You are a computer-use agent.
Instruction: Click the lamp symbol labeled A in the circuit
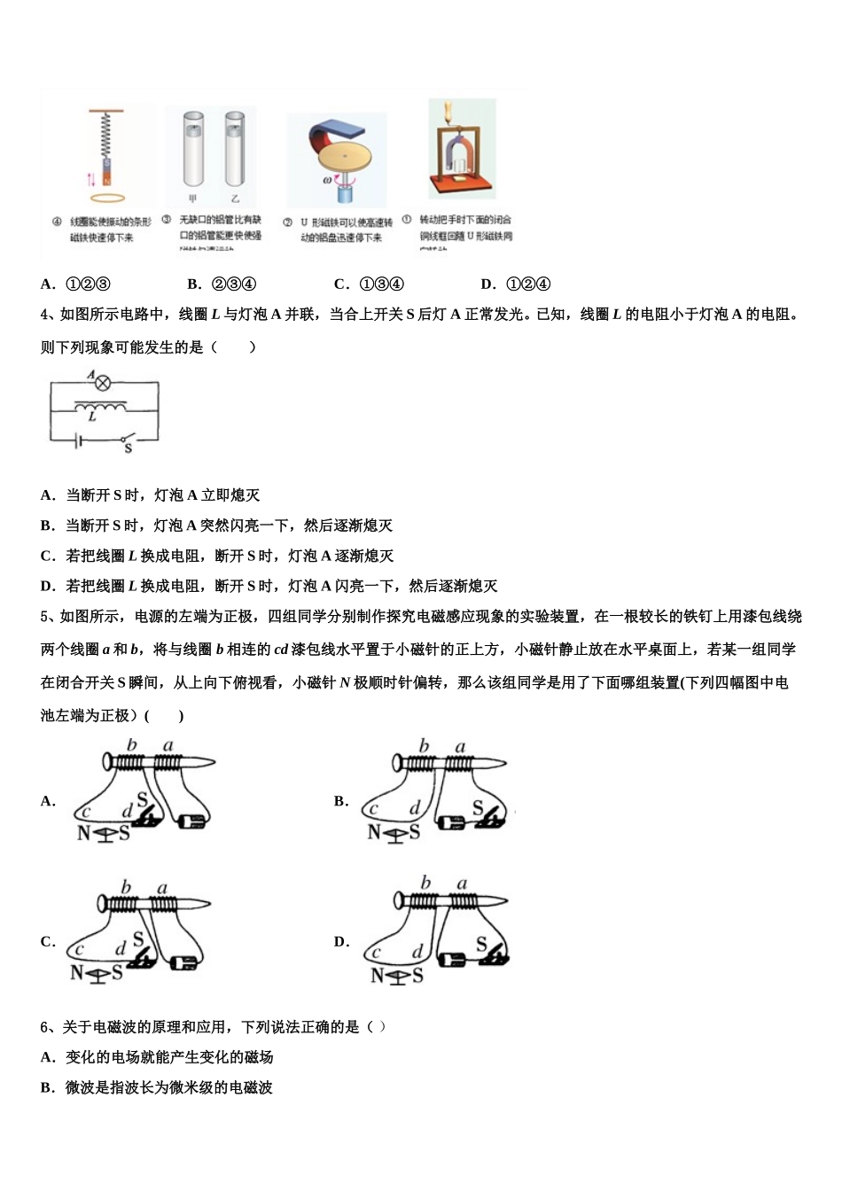click(x=103, y=383)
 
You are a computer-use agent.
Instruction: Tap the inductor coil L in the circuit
click(x=99, y=408)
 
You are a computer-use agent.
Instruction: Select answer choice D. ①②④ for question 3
click(x=515, y=284)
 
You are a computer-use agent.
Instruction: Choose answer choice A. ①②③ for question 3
click(x=75, y=284)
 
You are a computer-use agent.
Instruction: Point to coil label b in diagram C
click(x=126, y=886)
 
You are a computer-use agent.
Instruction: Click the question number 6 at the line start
click(x=45, y=1027)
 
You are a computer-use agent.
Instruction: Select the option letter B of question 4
click(x=47, y=525)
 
